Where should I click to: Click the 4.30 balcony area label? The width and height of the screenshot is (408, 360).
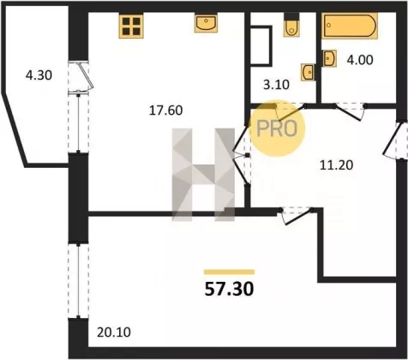[39, 75]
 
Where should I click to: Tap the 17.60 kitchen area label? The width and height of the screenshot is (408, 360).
[165, 111]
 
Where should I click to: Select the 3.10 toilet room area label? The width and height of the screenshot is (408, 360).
[276, 85]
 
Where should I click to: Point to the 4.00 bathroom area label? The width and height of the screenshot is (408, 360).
[360, 60]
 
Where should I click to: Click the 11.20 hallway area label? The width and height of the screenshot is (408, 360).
[336, 165]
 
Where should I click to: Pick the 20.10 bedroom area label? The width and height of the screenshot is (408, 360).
[114, 333]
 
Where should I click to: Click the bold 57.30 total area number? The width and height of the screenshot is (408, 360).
[229, 289]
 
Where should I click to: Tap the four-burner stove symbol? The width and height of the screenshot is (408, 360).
[131, 27]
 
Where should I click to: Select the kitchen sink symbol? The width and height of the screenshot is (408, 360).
[206, 23]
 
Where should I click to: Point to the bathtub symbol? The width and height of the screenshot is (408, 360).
[351, 26]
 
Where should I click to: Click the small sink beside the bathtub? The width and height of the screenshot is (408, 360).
[330, 58]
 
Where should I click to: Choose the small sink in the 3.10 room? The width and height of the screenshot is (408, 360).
[308, 72]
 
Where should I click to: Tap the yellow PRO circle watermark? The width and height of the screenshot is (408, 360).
[277, 129]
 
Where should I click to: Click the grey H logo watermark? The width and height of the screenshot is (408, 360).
[203, 175]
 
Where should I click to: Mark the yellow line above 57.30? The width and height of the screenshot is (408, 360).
[229, 272]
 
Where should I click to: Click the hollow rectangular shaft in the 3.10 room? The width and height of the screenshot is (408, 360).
[261, 46]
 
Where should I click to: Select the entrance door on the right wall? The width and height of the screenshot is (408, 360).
[395, 141]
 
